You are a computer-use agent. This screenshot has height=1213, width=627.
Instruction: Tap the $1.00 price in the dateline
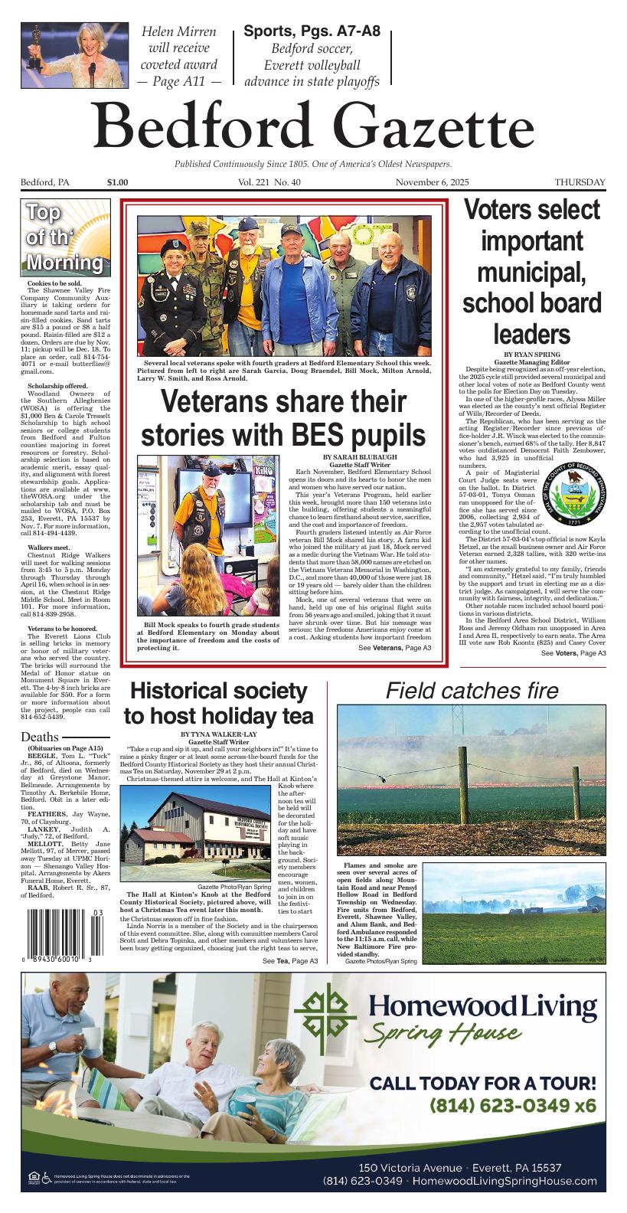(x=118, y=182)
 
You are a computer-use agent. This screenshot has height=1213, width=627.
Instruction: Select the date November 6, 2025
(x=432, y=182)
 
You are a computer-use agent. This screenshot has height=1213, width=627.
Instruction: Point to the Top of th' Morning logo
(x=66, y=238)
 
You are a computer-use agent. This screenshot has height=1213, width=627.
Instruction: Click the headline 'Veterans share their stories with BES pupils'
(x=282, y=418)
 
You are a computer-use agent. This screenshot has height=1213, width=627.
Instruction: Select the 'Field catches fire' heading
(x=472, y=691)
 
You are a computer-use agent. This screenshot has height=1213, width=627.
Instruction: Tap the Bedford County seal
(x=576, y=495)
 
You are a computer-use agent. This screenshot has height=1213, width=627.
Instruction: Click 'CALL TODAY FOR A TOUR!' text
(x=482, y=1083)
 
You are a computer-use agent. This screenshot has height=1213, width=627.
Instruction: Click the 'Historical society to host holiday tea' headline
(x=218, y=703)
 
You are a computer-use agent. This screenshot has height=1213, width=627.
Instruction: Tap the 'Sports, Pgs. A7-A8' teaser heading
(x=311, y=31)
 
